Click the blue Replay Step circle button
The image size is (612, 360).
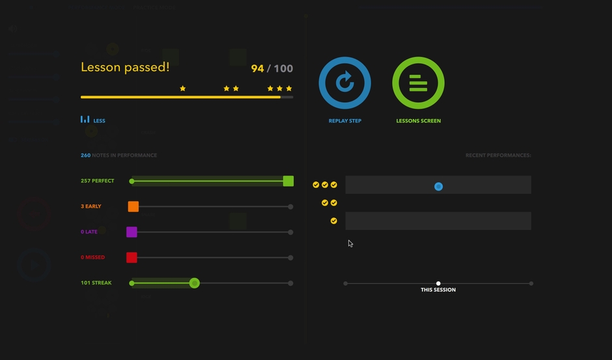pyautogui.click(x=344, y=83)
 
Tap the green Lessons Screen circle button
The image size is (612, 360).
pyautogui.click(x=418, y=83)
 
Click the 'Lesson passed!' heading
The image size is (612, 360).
pyautogui.click(x=125, y=67)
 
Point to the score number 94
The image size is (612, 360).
pyautogui.click(x=257, y=68)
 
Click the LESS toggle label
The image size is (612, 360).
pyautogui.click(x=99, y=120)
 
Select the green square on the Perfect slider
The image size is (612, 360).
pyautogui.click(x=288, y=181)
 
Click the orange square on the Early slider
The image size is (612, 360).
pyautogui.click(x=133, y=206)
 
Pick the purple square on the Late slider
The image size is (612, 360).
pyautogui.click(x=132, y=232)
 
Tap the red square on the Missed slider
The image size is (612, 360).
pyautogui.click(x=132, y=257)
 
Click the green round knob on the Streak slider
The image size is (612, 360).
pyautogui.click(x=194, y=283)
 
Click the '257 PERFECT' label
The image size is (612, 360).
pyautogui.click(x=97, y=181)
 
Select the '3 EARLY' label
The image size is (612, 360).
pyautogui.click(x=91, y=206)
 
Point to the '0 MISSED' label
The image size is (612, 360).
pyautogui.click(x=92, y=257)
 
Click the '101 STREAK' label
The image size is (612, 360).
pyautogui.click(x=96, y=283)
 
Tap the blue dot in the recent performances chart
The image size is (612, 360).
pyautogui.click(x=438, y=187)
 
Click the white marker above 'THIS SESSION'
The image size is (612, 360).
pyautogui.click(x=438, y=283)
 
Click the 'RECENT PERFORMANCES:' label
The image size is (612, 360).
pyautogui.click(x=498, y=156)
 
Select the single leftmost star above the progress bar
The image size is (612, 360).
pyautogui.click(x=183, y=89)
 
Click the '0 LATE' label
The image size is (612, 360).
pyautogui.click(x=89, y=232)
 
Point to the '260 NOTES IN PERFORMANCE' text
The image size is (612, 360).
pyautogui.click(x=118, y=156)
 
